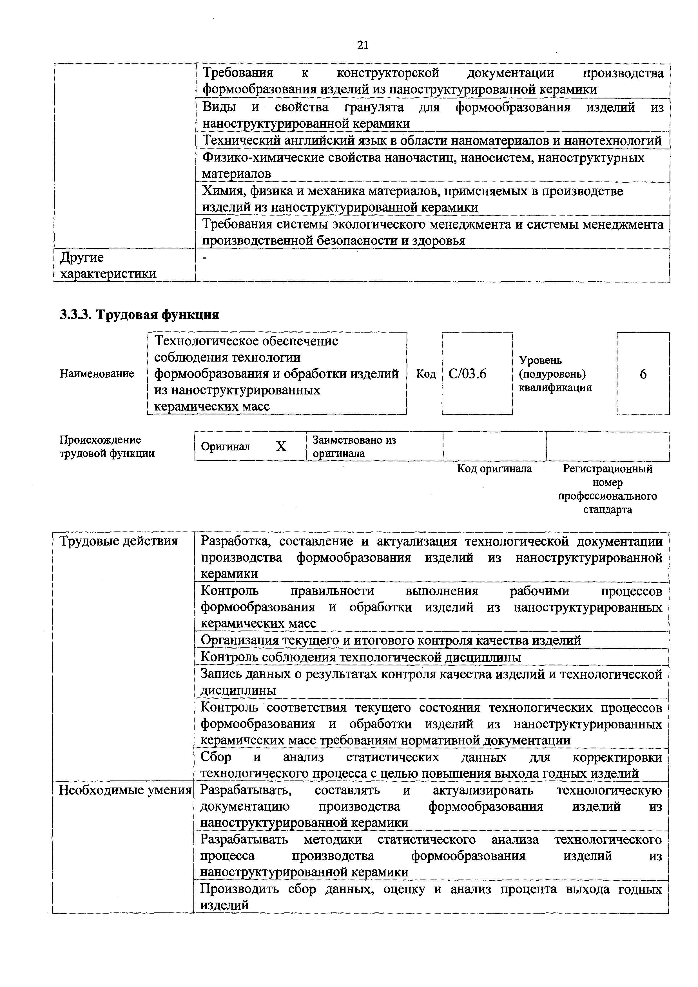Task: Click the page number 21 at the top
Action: (x=363, y=45)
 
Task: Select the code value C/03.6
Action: (x=467, y=374)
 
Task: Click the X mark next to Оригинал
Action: (x=281, y=447)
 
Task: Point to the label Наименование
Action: (x=97, y=374)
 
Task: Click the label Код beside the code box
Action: (x=426, y=374)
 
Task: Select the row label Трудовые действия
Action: (x=118, y=541)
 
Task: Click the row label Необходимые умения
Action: (x=125, y=790)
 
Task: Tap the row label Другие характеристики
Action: (x=108, y=265)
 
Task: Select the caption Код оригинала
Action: (x=494, y=468)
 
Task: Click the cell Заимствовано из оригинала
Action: (x=354, y=447)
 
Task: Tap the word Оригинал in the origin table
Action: (x=225, y=447)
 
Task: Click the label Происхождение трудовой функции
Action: (x=107, y=447)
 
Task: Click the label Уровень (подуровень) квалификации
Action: (x=555, y=374)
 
